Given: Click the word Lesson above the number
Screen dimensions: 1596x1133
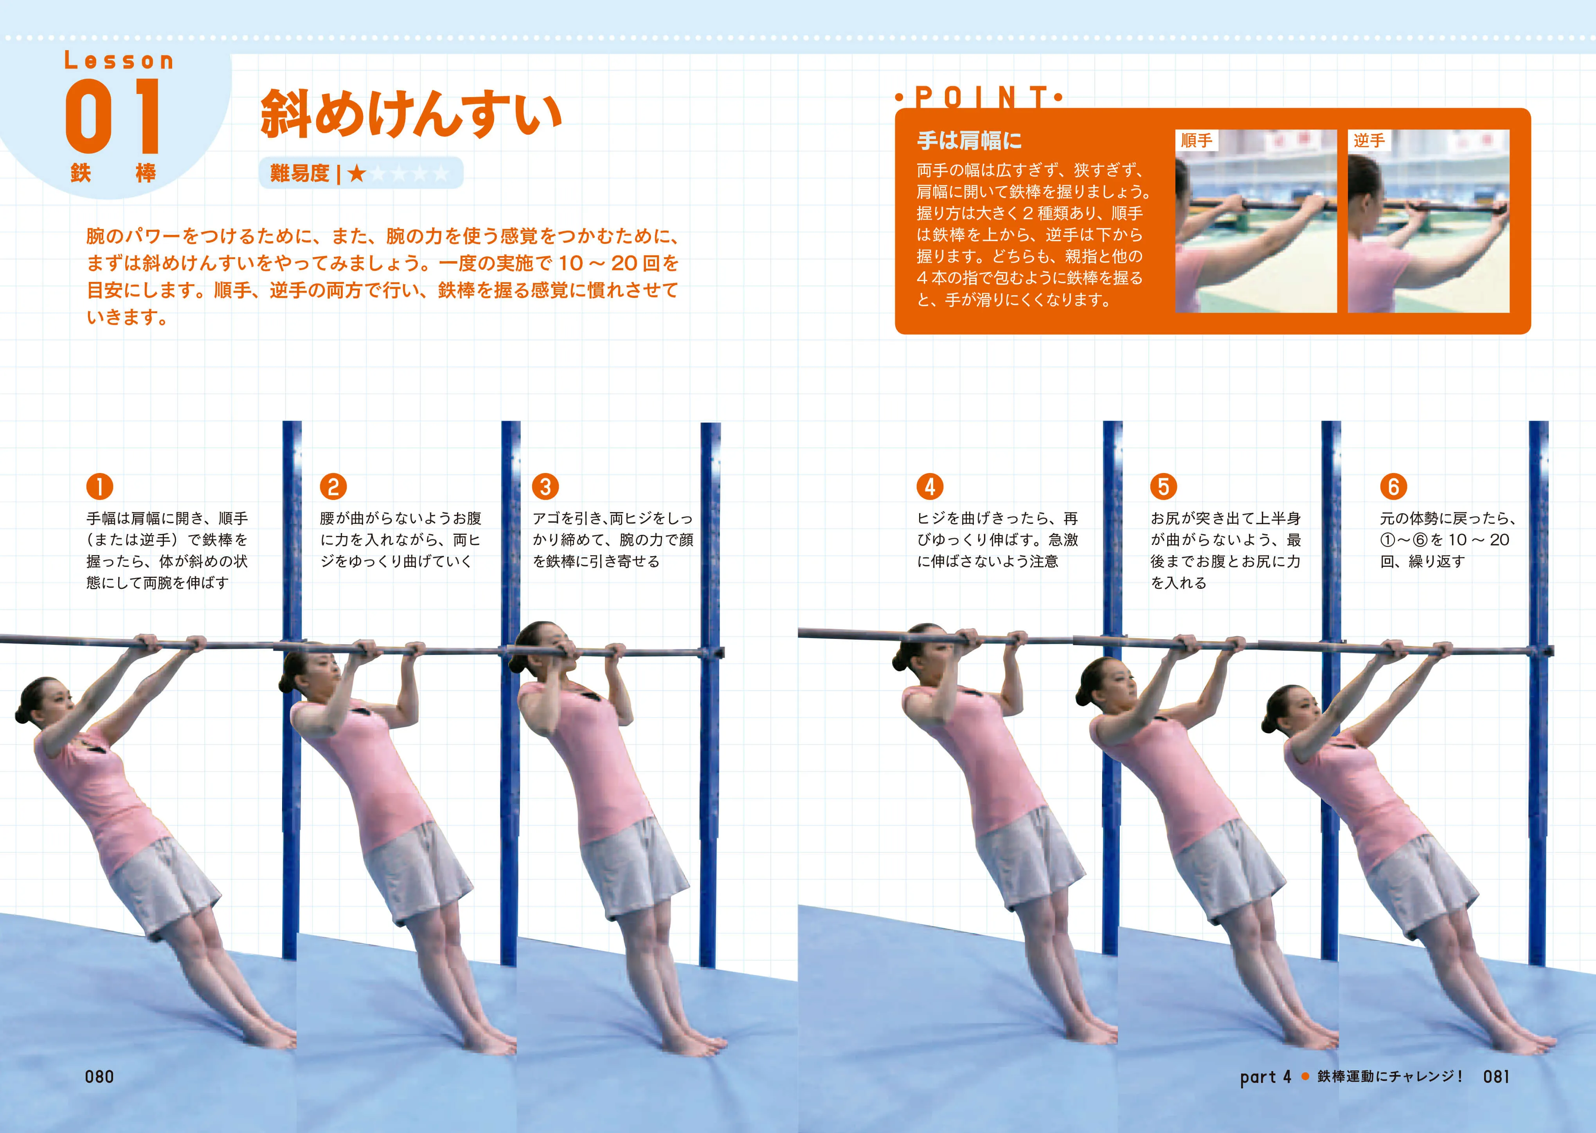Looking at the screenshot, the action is (x=119, y=61).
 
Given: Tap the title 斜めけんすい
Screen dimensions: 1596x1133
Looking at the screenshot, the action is (x=411, y=114).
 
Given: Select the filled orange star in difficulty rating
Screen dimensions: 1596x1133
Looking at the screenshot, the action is (x=357, y=173).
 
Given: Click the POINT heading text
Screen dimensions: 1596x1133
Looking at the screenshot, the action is (x=980, y=97).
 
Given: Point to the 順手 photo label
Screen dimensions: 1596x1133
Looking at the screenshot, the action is (x=1197, y=140).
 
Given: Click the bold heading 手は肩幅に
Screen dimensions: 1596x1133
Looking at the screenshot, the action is (x=969, y=140).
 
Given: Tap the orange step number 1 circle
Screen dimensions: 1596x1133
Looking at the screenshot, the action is (x=100, y=486).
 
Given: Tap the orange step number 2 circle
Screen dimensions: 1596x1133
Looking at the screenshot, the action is (x=333, y=486).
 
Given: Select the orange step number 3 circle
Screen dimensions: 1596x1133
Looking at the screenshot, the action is (x=545, y=486).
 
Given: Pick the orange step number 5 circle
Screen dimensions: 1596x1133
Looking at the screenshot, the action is (x=1163, y=486).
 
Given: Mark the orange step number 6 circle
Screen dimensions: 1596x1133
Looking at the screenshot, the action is (x=1393, y=486).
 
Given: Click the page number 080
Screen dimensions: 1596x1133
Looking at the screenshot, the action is (x=99, y=1077).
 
